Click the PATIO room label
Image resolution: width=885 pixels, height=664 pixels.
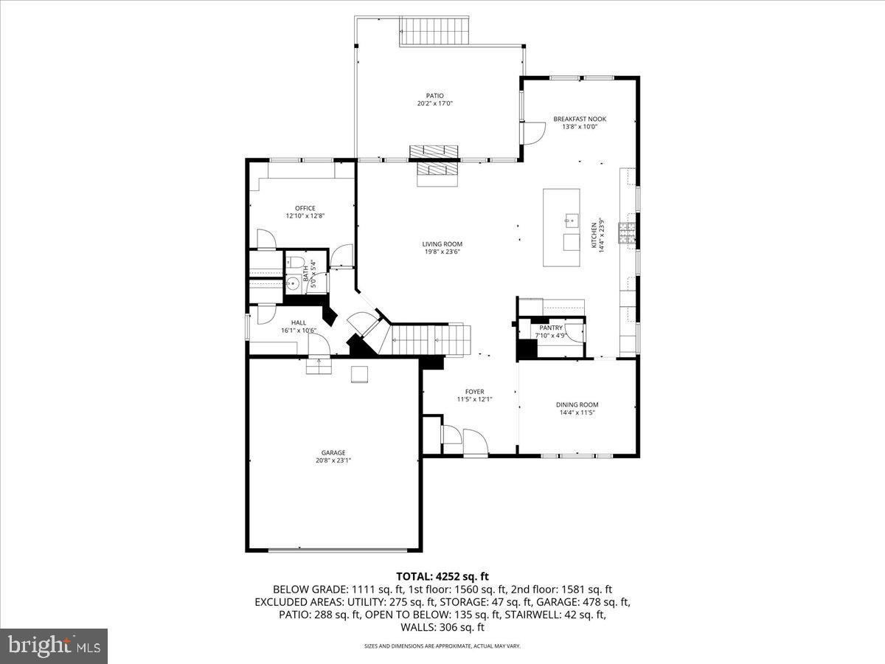[x=434, y=95]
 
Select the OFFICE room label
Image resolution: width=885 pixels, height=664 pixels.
[x=305, y=208]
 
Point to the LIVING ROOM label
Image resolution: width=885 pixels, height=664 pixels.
[x=442, y=244]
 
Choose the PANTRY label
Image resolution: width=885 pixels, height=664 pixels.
[x=550, y=328]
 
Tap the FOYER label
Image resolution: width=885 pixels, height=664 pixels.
[x=474, y=392]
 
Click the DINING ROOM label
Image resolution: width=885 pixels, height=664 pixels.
[x=577, y=404]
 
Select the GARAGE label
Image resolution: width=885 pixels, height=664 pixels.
[x=333, y=453]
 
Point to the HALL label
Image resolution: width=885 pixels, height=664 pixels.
[x=298, y=322]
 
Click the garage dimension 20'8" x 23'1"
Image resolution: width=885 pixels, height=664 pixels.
[x=333, y=461]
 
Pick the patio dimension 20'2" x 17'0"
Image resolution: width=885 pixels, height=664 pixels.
[x=434, y=103]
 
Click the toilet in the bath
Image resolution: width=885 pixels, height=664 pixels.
[x=296, y=262]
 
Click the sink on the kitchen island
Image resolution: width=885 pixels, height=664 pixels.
[x=570, y=219]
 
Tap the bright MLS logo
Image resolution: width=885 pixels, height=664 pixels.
[x=54, y=646]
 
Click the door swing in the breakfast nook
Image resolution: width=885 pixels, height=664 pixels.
[x=532, y=133]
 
